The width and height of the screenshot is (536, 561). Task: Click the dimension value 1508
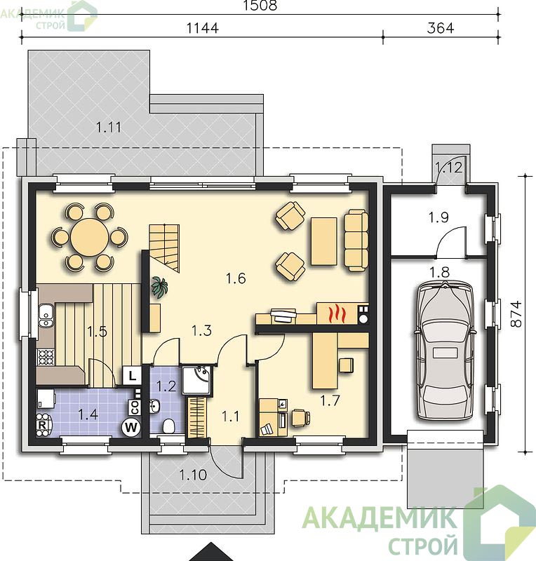(x=260, y=6)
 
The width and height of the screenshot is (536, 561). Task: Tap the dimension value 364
(x=441, y=28)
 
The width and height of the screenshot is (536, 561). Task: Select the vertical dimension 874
(x=516, y=314)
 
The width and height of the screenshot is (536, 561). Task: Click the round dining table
(x=90, y=237)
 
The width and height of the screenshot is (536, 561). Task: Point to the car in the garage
(x=445, y=350)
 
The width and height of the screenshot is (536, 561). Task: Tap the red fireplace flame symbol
(x=337, y=313)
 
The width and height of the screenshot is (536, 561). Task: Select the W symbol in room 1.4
(x=131, y=427)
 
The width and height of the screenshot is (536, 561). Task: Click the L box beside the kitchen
(x=132, y=376)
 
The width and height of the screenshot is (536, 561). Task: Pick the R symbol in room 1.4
(x=42, y=426)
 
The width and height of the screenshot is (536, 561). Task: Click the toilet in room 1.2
(x=168, y=426)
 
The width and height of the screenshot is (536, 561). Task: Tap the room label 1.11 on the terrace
(x=109, y=127)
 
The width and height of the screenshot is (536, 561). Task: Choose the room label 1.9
(x=438, y=217)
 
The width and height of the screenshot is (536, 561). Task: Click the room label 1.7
(x=330, y=400)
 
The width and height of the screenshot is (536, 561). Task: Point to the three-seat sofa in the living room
(x=356, y=241)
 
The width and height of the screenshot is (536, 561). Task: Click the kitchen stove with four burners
(x=46, y=357)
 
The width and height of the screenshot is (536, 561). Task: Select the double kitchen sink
(x=46, y=316)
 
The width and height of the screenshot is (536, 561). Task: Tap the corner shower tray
(x=197, y=379)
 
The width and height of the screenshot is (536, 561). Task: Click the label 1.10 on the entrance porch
(x=193, y=475)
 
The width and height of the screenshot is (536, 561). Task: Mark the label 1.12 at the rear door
(x=448, y=167)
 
